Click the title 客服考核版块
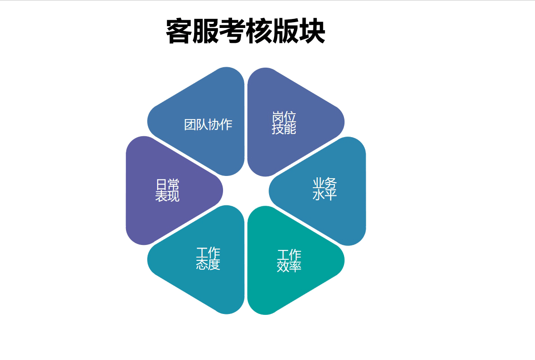pos(245,31)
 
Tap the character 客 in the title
pos(179,31)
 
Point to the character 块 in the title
pos(312,31)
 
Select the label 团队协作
pos(208,125)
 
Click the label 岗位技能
pos(284,123)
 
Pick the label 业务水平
pos(325,189)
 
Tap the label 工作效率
pos(289,261)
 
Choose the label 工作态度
pos(208,259)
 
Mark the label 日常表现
pos(167,190)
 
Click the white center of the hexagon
pos(246,191)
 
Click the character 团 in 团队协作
pos(190,125)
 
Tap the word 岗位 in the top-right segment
pos(284,117)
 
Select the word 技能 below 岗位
pos(284,129)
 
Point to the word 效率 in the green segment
pos(289,267)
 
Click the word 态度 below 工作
pos(208,264)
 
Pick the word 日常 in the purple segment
pos(167,185)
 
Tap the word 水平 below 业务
pos(325,194)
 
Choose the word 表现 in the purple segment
pos(167,196)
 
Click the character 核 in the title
pos(259,31)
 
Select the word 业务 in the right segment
pos(325,183)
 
